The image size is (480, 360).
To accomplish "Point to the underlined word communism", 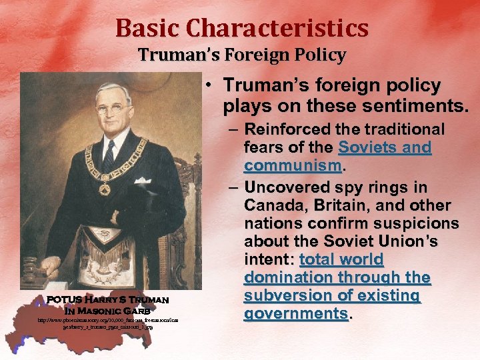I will pyautogui.click(x=293, y=165).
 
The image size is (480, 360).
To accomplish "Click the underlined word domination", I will pyautogui.click(x=288, y=277).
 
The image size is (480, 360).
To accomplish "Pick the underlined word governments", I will pyautogui.click(x=296, y=313).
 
